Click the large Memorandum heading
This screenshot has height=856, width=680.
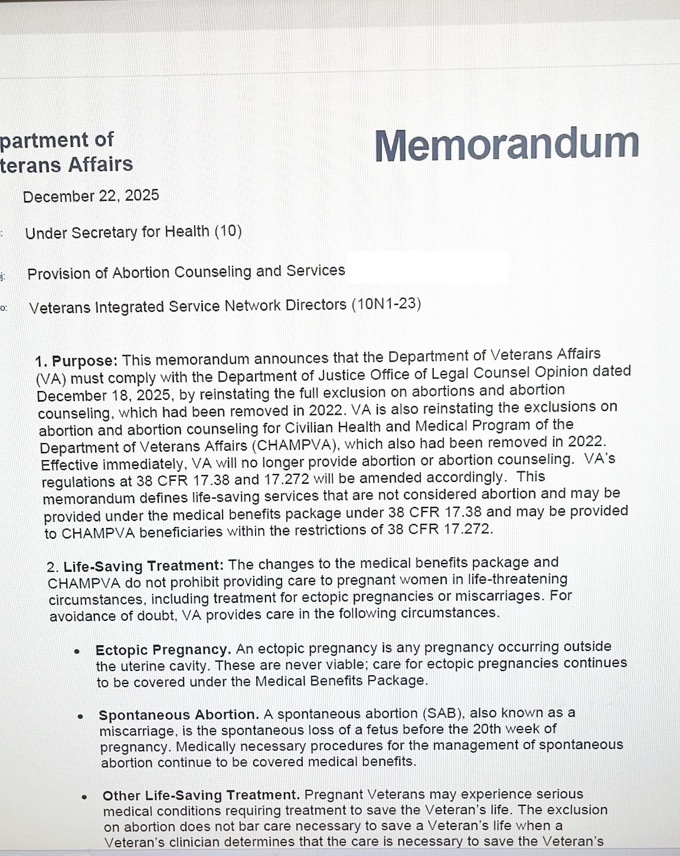[x=506, y=145]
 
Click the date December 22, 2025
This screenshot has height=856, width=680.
[x=91, y=196]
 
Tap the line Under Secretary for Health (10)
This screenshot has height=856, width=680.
[x=133, y=232]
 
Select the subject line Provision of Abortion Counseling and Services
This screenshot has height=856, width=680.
[x=186, y=272]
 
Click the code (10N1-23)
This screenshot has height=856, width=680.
[x=386, y=304]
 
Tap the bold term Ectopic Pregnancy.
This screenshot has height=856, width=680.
[x=163, y=650]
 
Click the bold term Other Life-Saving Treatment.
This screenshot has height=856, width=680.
[x=201, y=796]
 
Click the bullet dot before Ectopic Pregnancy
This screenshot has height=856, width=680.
[x=77, y=652]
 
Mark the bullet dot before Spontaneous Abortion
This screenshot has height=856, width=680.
[x=80, y=717]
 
